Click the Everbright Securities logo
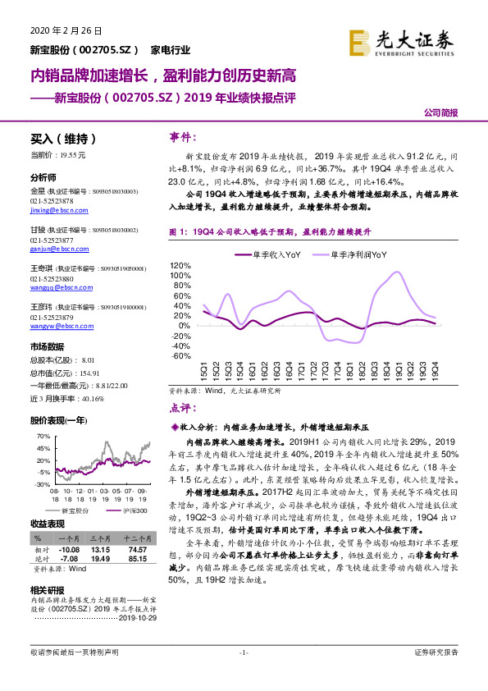coord(401,41)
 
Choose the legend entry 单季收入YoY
coord(270,255)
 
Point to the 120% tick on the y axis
coord(180,267)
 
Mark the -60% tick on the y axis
coord(181,355)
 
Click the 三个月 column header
coord(100,538)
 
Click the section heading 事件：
coord(181,136)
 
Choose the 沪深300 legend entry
coord(135,510)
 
